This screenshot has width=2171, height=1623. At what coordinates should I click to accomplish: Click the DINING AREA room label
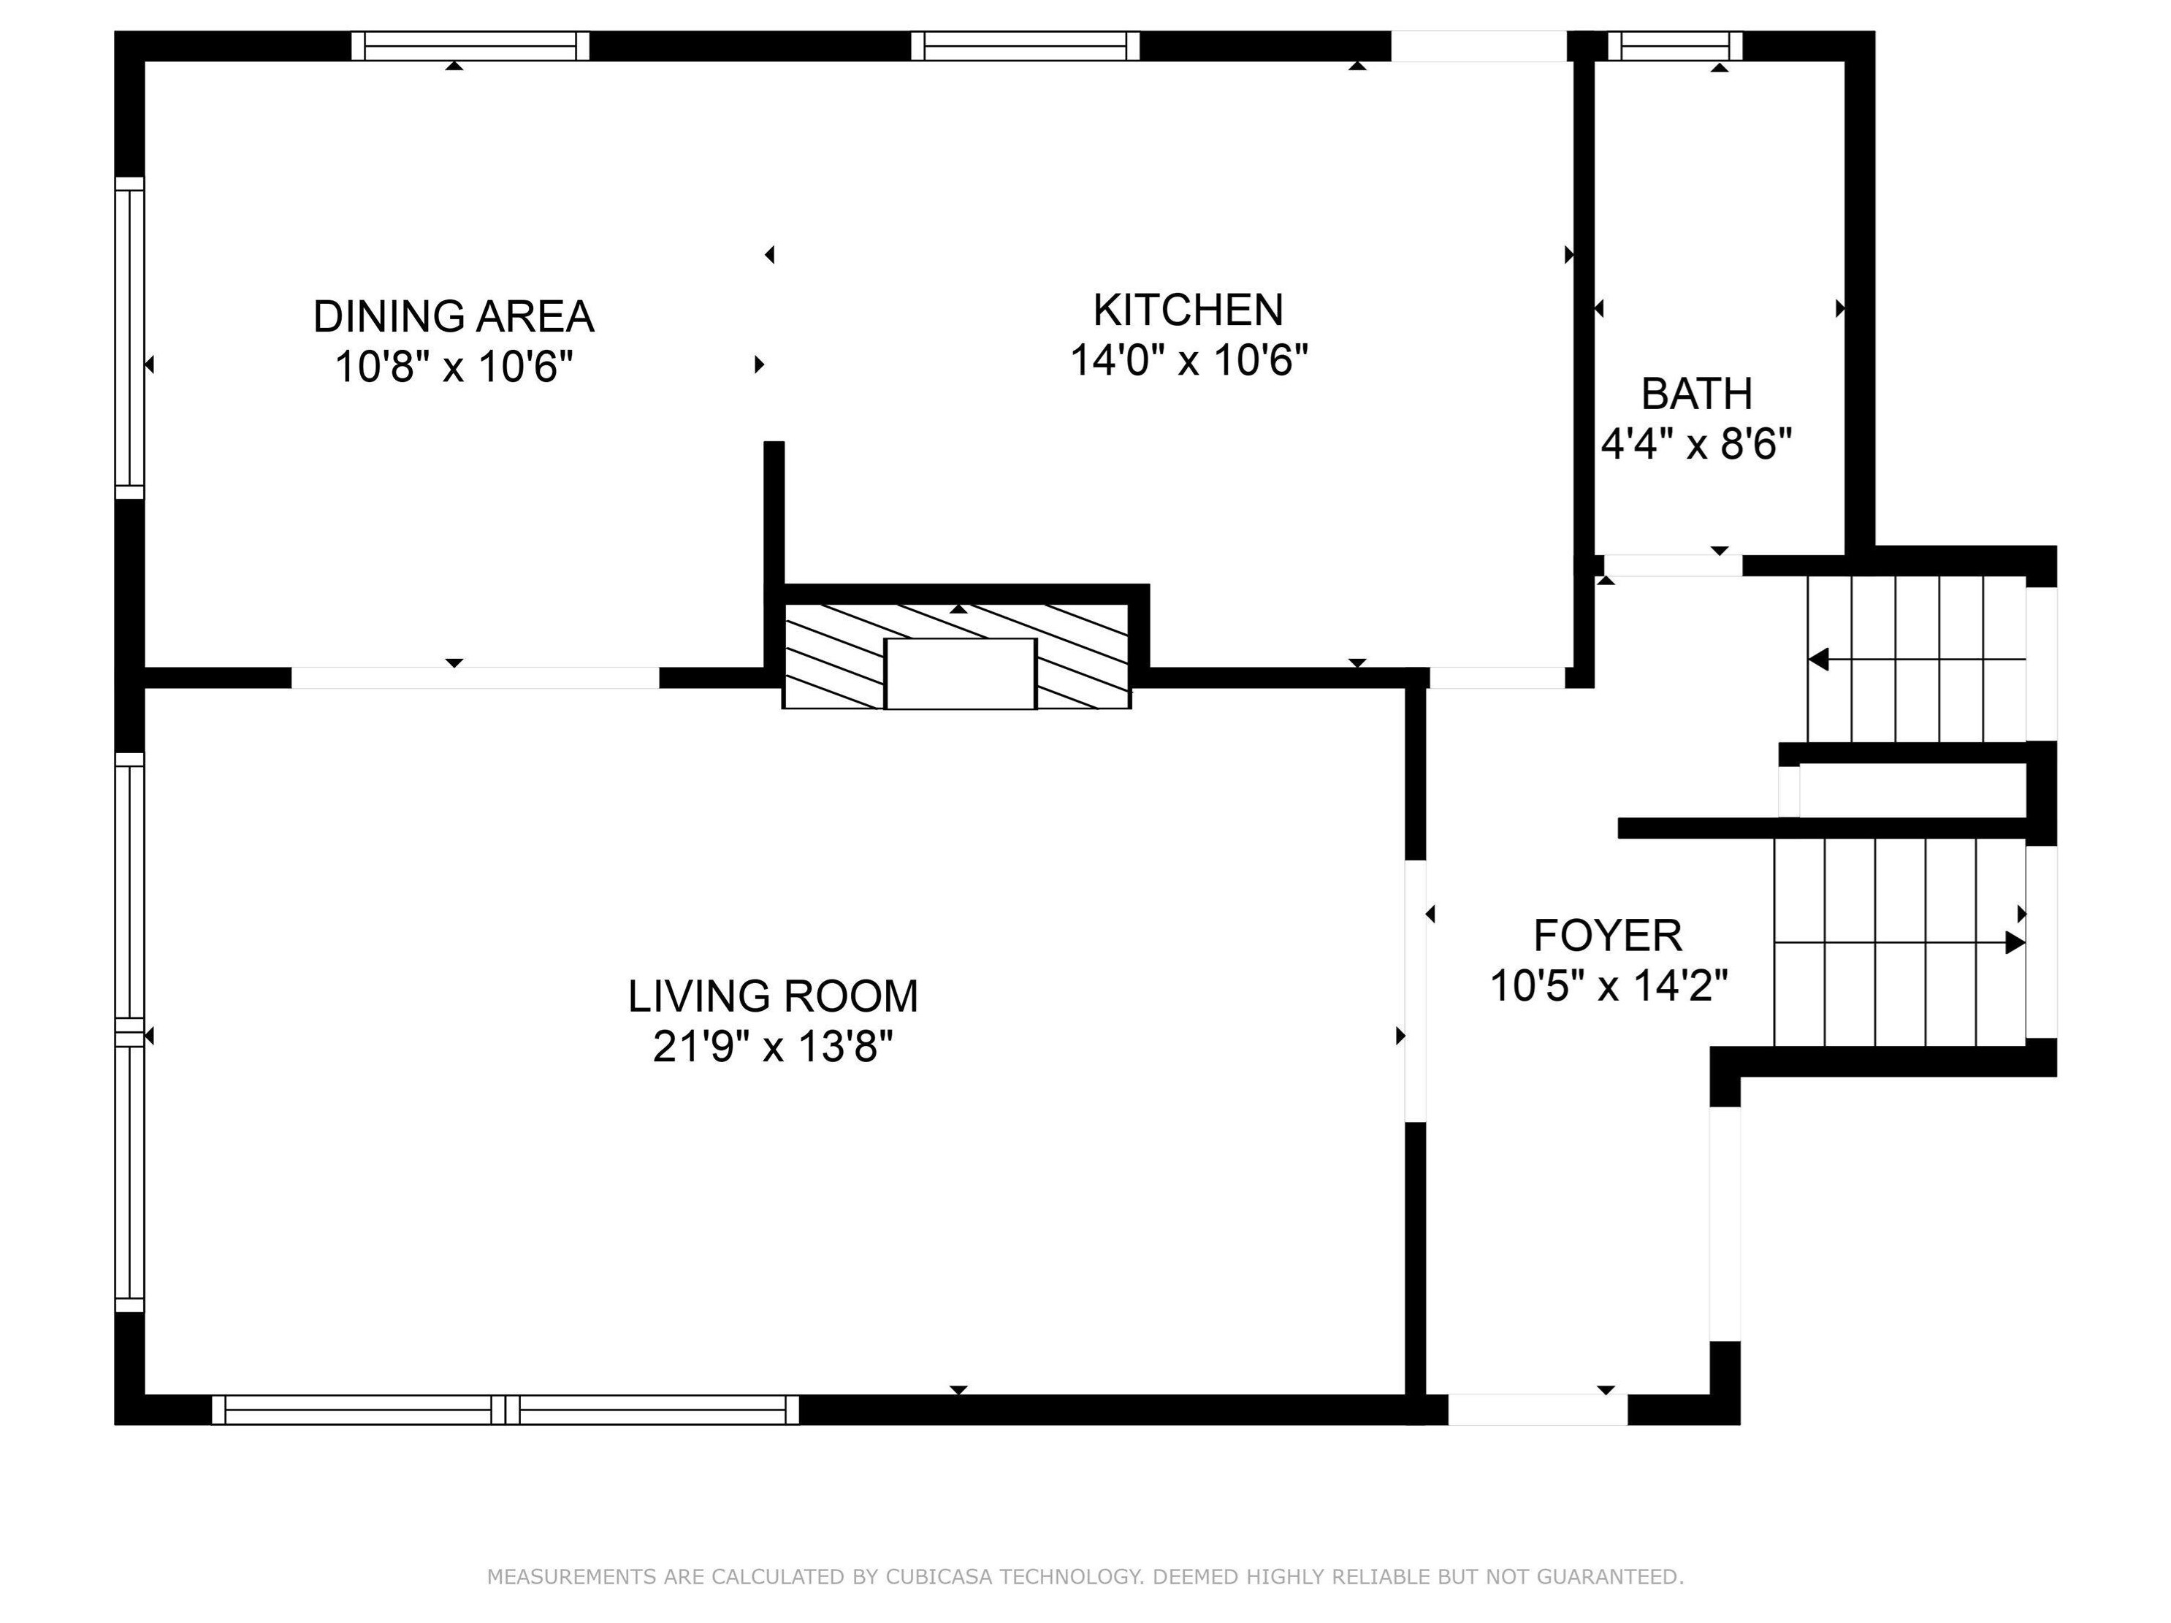(454, 316)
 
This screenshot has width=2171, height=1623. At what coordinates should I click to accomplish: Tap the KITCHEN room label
(1188, 310)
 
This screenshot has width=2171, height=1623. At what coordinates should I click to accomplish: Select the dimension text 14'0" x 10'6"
(1188, 360)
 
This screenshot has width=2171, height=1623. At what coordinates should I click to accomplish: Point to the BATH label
(1696, 394)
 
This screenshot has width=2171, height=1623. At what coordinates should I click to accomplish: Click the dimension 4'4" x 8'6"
(1696, 445)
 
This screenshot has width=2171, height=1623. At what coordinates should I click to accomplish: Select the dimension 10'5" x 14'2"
(1608, 986)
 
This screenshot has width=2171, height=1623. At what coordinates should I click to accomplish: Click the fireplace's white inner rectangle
(960, 673)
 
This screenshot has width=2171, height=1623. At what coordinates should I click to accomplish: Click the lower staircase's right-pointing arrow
(2014, 943)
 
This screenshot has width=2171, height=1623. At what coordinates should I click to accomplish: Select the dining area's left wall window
(129, 337)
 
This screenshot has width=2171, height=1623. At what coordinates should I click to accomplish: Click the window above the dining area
(470, 45)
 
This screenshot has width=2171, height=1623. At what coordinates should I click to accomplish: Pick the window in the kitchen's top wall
(1025, 45)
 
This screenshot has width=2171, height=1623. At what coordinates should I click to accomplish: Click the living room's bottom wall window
(505, 1409)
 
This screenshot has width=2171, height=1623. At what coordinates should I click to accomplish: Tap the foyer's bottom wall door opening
(1537, 1409)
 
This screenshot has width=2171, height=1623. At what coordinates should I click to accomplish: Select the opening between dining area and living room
(475, 677)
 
